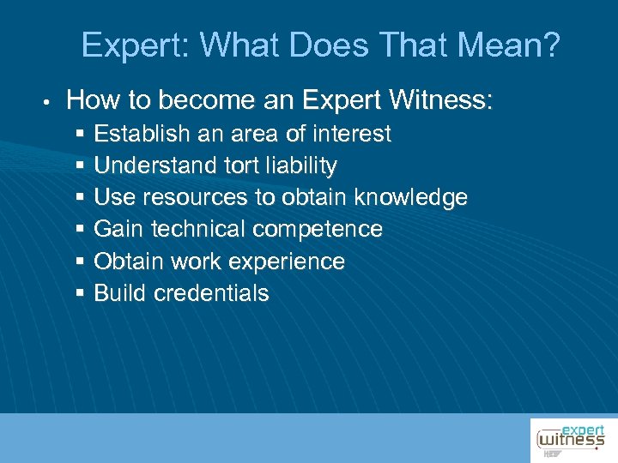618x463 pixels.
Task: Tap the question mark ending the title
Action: click(x=549, y=45)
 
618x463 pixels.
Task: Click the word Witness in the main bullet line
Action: click(x=440, y=101)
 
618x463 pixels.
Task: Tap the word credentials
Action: click(x=211, y=293)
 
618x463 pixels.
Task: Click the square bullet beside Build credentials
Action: click(x=80, y=293)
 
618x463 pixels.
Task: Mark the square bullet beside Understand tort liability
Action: click(x=80, y=165)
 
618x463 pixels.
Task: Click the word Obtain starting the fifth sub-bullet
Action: click(x=125, y=262)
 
